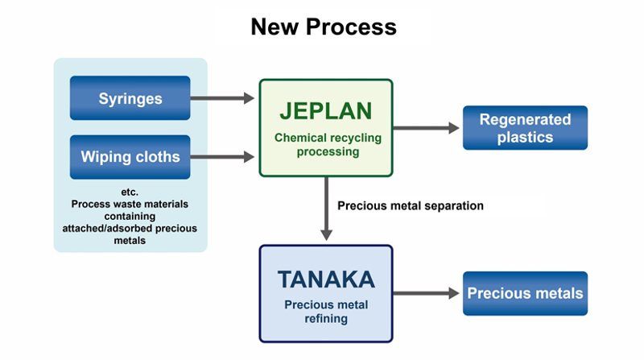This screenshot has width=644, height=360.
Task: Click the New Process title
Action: tap(324, 27)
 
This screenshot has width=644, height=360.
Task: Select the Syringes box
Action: tap(130, 99)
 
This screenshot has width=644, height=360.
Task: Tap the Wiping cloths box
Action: tap(130, 157)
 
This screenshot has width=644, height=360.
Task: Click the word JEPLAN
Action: tap(325, 110)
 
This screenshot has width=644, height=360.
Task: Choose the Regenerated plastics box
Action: tap(525, 128)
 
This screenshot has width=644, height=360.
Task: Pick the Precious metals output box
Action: tap(525, 292)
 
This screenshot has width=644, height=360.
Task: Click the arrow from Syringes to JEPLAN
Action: tap(224, 99)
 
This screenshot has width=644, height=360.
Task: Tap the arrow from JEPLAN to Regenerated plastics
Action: tap(427, 128)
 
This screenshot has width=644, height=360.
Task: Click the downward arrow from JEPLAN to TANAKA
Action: tap(326, 209)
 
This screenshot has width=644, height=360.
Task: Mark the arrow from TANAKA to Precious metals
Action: tap(427, 293)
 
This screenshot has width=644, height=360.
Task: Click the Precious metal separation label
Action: tap(411, 205)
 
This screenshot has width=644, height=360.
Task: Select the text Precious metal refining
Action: tap(326, 312)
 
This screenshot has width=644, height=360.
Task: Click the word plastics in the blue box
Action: tap(525, 137)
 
